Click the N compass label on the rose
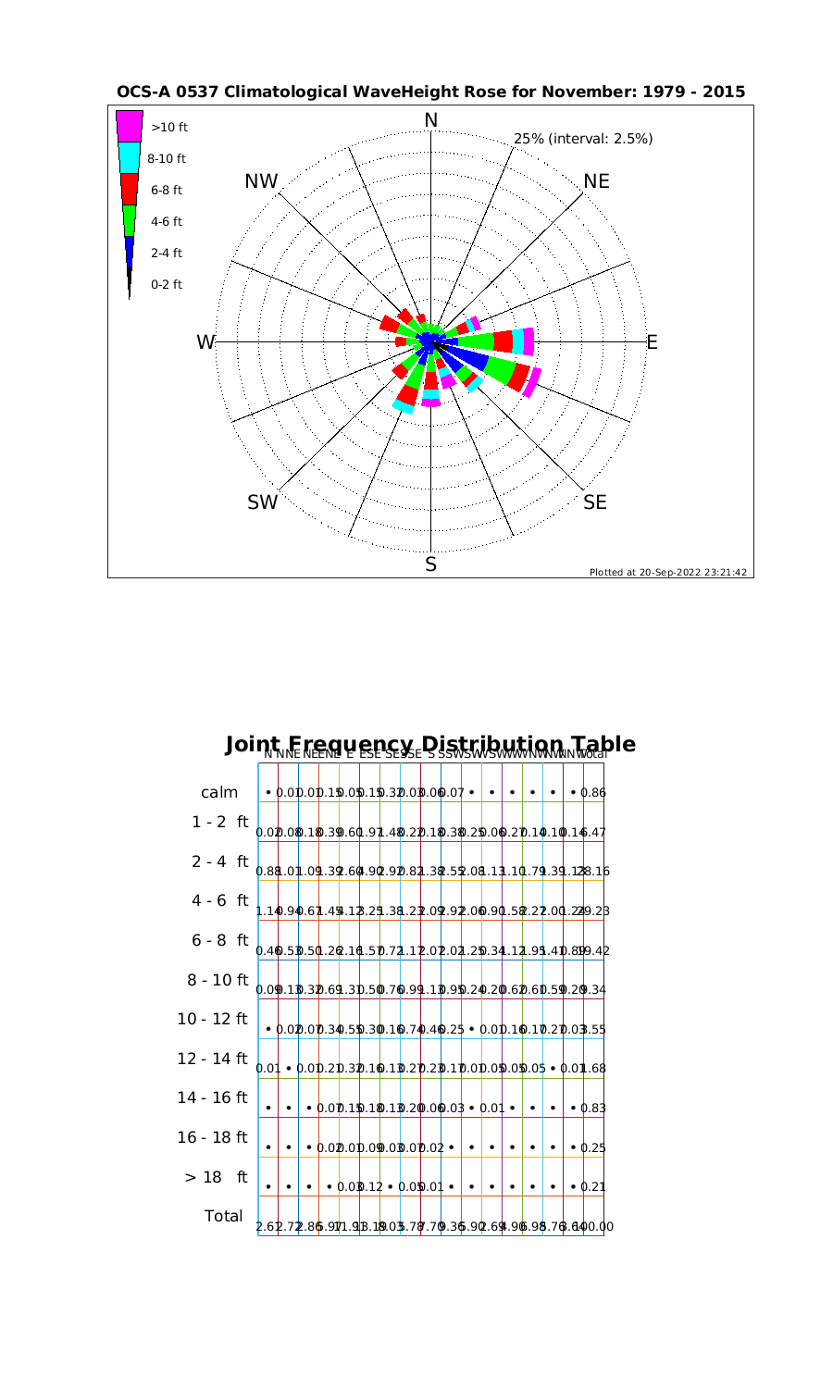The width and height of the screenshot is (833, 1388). (430, 120)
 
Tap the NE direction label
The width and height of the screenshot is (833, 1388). (597, 181)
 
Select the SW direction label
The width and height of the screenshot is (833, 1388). (263, 502)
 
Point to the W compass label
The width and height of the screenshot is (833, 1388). (205, 342)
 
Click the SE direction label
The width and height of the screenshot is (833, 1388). (596, 502)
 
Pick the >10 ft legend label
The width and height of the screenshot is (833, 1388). (168, 127)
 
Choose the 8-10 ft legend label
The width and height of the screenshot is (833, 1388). (167, 158)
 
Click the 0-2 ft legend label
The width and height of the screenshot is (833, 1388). (167, 284)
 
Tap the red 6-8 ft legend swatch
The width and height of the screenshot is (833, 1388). (130, 189)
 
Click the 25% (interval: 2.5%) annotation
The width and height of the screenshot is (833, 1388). (583, 139)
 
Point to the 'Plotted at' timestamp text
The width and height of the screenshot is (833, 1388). (667, 572)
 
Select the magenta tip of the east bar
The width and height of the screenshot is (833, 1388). (528, 341)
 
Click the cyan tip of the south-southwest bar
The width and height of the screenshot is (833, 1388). (403, 405)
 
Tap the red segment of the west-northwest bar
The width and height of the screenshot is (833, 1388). (390, 324)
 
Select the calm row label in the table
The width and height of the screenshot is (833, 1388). (219, 793)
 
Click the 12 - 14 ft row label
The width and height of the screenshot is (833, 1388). (213, 1058)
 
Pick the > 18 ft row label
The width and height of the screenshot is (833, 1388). (216, 1177)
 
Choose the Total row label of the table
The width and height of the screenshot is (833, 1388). (222, 1216)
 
